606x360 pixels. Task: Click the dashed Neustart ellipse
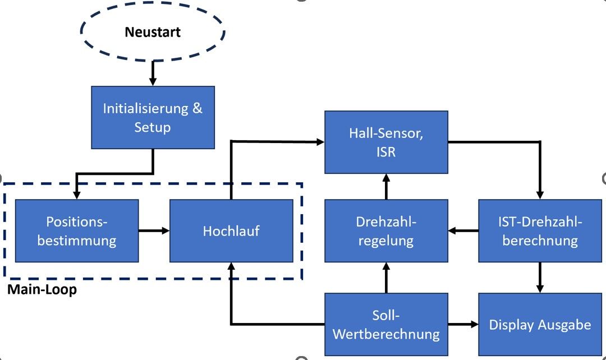[x=153, y=32]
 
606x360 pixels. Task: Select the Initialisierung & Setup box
[x=153, y=117]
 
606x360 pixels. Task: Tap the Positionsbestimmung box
[x=77, y=231]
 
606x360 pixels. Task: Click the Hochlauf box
[x=231, y=231]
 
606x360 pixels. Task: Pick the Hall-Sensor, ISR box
[x=387, y=142]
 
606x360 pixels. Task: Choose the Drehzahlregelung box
[x=387, y=231]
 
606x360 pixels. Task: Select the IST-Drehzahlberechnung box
[x=540, y=231]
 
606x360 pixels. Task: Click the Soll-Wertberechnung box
[x=387, y=324]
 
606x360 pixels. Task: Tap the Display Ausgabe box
[x=540, y=324]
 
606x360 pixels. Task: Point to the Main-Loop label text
[x=42, y=290]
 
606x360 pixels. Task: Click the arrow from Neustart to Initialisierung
[x=153, y=73]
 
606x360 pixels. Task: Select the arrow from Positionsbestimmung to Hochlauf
[x=154, y=230]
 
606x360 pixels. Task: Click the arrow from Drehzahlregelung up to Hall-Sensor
[x=387, y=186]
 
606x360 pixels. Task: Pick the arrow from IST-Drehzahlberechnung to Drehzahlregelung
[x=463, y=230]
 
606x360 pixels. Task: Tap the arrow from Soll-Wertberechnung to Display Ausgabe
[x=463, y=324]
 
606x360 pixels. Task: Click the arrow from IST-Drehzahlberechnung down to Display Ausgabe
[x=540, y=277]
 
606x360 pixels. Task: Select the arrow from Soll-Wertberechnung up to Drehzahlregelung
[x=387, y=277]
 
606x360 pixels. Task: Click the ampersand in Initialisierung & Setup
[x=198, y=108]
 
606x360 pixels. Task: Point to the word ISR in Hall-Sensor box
[x=387, y=151]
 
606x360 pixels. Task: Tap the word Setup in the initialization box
[x=153, y=127]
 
